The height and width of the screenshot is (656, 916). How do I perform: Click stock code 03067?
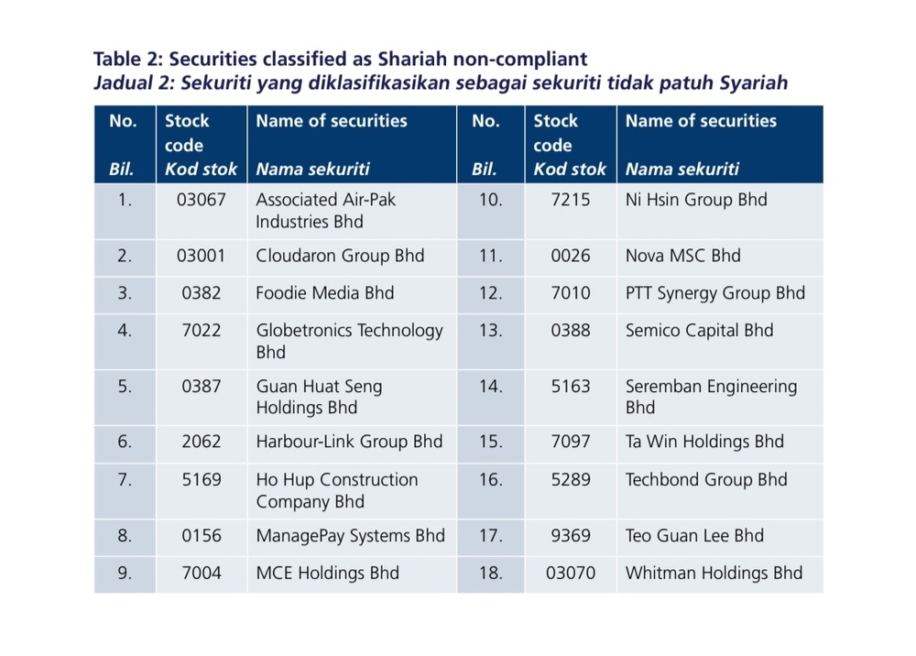click(x=201, y=200)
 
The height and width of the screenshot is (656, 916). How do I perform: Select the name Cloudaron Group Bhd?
click(x=340, y=256)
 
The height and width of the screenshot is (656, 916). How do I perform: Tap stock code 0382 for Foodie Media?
click(x=201, y=293)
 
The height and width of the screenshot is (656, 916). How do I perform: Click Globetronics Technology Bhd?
click(x=349, y=341)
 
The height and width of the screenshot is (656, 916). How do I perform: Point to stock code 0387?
click(x=201, y=387)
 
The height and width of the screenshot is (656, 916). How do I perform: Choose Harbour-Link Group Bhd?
click(x=349, y=442)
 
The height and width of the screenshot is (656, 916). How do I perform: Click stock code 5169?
click(x=201, y=480)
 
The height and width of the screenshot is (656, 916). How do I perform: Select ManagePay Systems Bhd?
click(x=351, y=536)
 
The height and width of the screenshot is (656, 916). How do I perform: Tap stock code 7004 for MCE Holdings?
click(x=201, y=573)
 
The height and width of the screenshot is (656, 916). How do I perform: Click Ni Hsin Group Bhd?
click(x=696, y=200)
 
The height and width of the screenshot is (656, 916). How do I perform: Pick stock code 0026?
click(x=570, y=256)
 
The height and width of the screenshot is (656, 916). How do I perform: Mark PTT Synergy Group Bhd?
click(x=715, y=293)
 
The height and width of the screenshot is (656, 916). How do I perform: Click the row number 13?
click(x=490, y=331)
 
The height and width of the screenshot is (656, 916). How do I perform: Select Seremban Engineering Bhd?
click(x=711, y=397)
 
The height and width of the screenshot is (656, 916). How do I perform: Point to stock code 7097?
click(x=570, y=442)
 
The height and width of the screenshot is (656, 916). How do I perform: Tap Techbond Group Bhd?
click(x=706, y=480)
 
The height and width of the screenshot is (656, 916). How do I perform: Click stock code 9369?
click(x=570, y=536)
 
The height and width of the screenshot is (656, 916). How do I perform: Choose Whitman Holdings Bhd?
click(x=714, y=573)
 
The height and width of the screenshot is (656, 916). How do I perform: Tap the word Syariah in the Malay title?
click(x=754, y=83)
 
